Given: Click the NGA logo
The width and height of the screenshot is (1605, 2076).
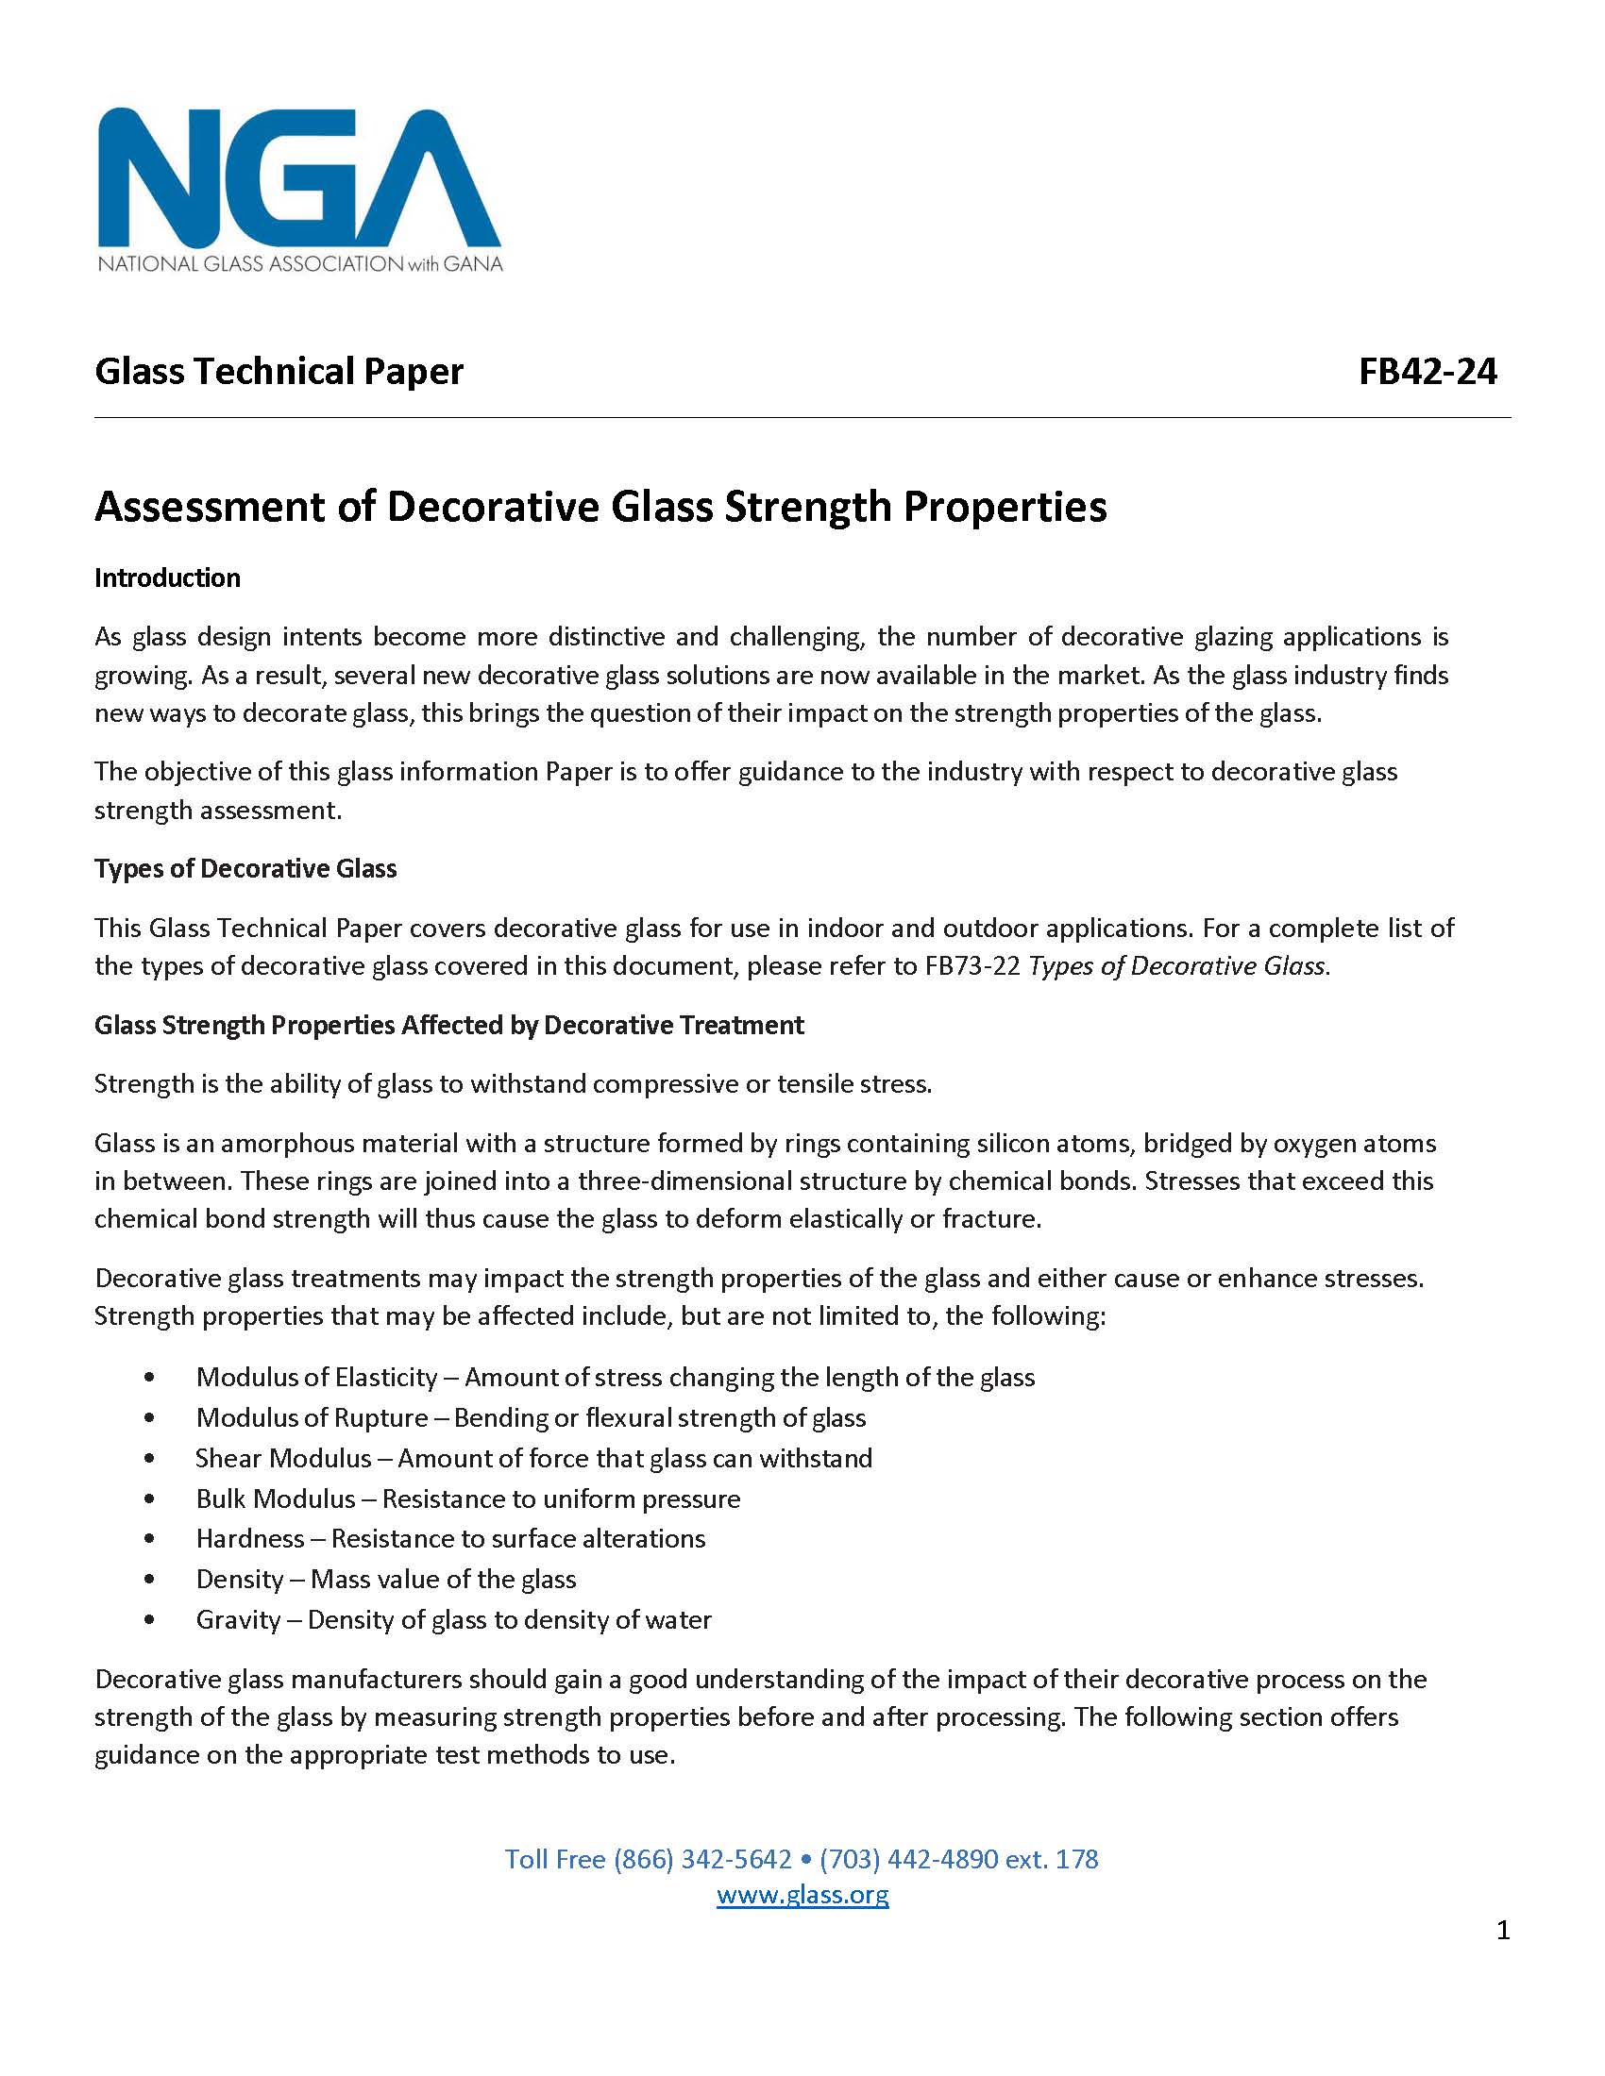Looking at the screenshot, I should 299,189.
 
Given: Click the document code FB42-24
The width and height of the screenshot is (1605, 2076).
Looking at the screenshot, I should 1428,371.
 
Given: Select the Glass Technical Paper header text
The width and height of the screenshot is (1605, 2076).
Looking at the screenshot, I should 279,371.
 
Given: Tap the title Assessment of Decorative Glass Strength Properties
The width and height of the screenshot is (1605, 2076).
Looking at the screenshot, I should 600,506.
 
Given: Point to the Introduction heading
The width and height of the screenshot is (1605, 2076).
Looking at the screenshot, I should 167,578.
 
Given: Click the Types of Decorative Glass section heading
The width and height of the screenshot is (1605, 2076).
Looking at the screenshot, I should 245,868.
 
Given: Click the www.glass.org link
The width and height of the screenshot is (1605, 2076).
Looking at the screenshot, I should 802,1894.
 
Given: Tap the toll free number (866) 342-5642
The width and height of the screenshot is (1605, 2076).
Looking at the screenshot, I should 701,1858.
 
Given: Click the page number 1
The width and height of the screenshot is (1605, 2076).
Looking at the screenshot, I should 1502,1929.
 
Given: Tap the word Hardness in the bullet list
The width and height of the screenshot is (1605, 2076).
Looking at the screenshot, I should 250,1538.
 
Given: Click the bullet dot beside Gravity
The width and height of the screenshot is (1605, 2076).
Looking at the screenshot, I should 149,1618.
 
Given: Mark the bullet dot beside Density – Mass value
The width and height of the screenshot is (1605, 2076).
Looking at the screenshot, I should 149,1579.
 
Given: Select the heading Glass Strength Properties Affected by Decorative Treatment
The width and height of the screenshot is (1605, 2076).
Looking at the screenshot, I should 448,1025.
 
